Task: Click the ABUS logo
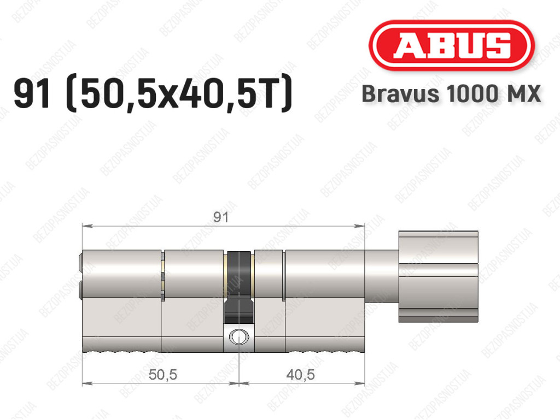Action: (451, 45)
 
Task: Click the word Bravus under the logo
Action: (400, 94)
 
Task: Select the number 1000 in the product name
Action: (472, 94)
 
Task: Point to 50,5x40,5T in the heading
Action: (179, 94)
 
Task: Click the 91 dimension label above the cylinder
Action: (220, 217)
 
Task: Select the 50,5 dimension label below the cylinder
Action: (162, 375)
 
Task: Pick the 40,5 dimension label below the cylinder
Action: (300, 375)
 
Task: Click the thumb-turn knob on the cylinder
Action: (438, 277)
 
